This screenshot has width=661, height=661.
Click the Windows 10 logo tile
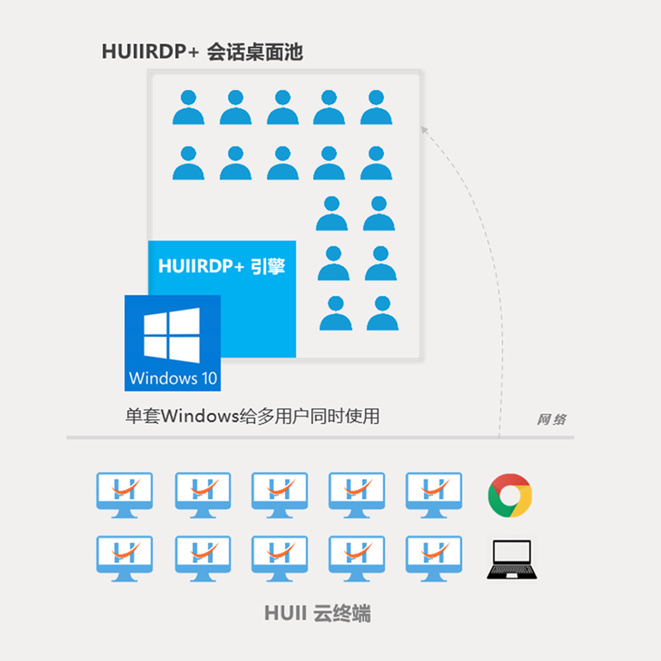(x=173, y=342)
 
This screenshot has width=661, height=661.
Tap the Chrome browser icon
(x=510, y=496)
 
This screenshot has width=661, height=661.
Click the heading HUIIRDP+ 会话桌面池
(x=202, y=52)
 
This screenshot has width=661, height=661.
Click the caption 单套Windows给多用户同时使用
(x=252, y=416)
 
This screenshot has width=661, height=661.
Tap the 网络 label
(x=551, y=419)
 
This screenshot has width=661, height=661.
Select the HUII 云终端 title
(x=317, y=614)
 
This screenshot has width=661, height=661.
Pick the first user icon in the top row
(x=188, y=107)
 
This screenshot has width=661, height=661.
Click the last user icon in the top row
(x=376, y=107)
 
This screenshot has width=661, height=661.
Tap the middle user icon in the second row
(x=283, y=163)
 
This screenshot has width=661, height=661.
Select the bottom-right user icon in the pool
(x=383, y=313)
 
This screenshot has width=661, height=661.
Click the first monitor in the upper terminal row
(x=125, y=495)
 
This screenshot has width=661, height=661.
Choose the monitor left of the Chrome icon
(x=434, y=495)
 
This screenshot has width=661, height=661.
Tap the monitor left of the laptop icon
(x=434, y=559)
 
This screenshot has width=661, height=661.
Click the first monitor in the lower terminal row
(x=125, y=559)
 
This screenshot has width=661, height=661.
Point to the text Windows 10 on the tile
(x=174, y=379)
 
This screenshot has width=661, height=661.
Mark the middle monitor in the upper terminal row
(x=279, y=495)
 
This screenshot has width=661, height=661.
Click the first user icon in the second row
(x=188, y=163)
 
